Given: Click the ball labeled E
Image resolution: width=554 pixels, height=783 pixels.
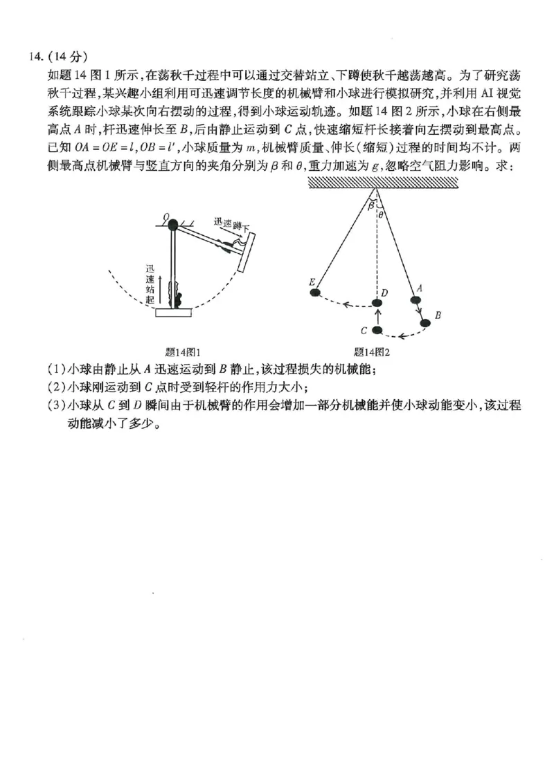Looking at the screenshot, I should (x=315, y=293).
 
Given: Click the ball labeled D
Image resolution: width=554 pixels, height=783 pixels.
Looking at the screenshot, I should (x=377, y=303).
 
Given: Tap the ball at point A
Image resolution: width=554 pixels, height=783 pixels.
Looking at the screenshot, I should (x=415, y=300).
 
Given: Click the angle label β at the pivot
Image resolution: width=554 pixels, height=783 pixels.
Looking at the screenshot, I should (x=370, y=205).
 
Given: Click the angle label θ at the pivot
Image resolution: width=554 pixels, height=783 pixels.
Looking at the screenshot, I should (x=380, y=214).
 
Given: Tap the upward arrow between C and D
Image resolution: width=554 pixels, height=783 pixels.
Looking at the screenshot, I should (x=377, y=317).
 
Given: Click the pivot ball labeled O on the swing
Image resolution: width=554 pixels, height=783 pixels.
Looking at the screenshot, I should (x=172, y=224).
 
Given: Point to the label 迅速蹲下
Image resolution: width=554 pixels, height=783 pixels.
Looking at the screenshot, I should (x=231, y=225).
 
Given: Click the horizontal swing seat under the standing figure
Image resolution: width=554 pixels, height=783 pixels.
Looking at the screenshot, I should (x=173, y=313).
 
